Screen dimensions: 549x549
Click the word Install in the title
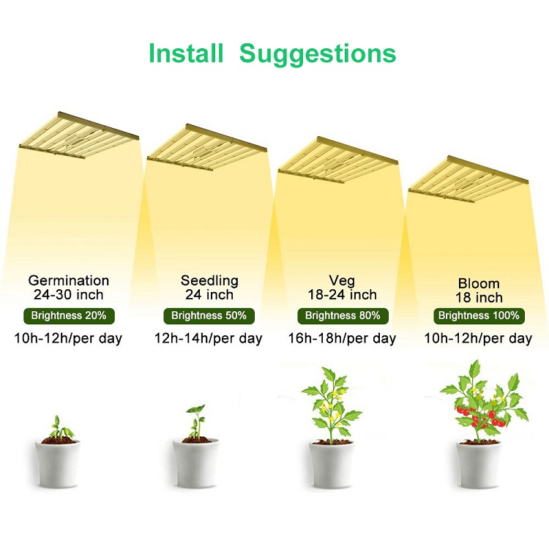coord(186,53)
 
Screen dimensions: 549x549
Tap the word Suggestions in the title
coord(318,54)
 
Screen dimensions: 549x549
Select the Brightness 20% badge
coord(69,315)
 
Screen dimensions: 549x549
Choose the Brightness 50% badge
coord(209,315)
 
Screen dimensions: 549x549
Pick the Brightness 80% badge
coord(343,315)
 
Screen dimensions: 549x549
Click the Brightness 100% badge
coord(479,315)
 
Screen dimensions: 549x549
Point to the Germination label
coord(69,280)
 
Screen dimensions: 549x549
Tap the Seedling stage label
coord(209,280)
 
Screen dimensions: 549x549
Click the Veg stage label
coord(342,280)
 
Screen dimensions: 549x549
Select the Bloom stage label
coord(479,283)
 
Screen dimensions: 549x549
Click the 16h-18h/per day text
coord(342,338)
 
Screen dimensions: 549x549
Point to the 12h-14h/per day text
coord(209,338)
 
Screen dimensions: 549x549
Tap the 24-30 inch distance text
coord(69,294)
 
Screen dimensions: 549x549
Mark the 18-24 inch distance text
coord(342,294)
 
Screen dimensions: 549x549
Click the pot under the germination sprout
coord(57,463)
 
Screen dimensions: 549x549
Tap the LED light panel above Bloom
coord(468,179)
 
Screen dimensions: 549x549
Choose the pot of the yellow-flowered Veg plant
coord(331,464)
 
